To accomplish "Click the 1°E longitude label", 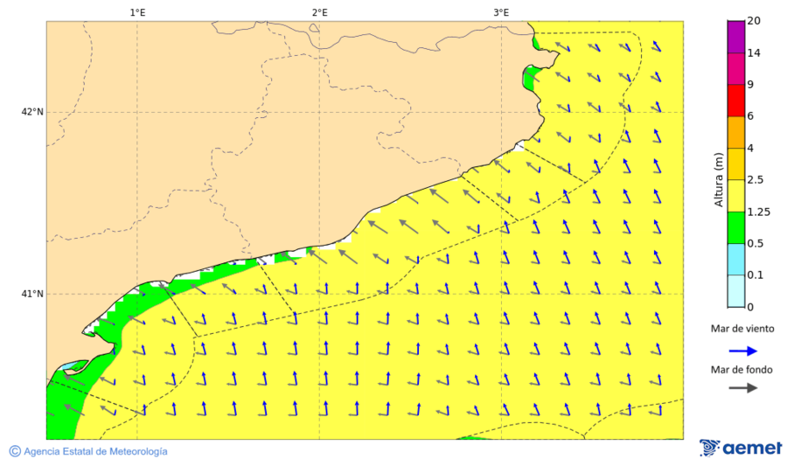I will (137, 12).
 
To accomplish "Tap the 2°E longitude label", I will (319, 12).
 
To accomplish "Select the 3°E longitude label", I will (501, 12).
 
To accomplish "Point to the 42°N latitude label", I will (32, 112).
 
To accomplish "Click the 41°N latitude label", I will (32, 294).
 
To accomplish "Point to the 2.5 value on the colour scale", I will (756, 180).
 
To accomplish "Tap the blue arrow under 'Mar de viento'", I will (742, 350).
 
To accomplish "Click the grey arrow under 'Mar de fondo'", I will (742, 388).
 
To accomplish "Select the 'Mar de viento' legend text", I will (742, 329).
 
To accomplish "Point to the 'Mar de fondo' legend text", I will (742, 370).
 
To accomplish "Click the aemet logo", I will (741, 448).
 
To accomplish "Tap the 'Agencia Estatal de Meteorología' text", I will (95, 451).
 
